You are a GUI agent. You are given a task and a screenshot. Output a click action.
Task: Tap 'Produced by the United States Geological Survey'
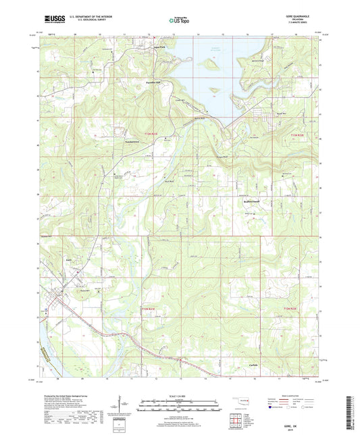(68, 394)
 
